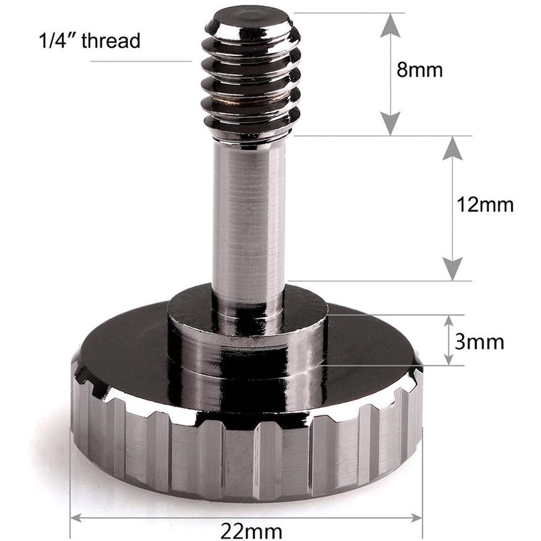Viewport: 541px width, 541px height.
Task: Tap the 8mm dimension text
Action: (x=420, y=70)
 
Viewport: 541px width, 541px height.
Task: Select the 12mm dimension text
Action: (x=484, y=205)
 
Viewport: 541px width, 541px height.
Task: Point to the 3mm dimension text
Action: (x=479, y=342)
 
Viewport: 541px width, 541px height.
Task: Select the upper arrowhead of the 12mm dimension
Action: (x=453, y=149)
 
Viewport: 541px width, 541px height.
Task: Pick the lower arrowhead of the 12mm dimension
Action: (x=453, y=269)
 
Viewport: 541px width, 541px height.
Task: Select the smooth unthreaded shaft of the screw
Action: (x=249, y=216)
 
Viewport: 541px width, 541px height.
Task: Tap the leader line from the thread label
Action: (x=141, y=61)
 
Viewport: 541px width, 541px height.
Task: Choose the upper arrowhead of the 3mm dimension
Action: (x=448, y=321)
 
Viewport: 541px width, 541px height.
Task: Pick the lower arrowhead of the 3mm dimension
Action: (x=448, y=358)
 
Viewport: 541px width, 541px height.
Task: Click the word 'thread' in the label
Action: (x=111, y=41)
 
